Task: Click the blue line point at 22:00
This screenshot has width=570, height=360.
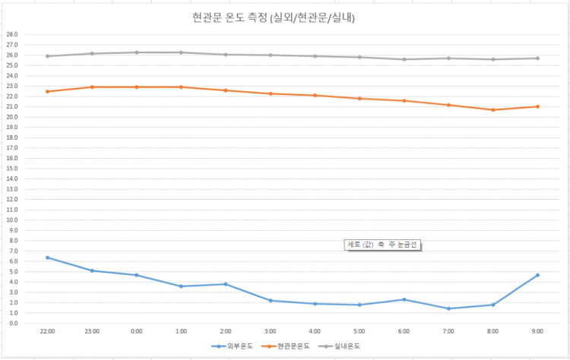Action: (47, 257)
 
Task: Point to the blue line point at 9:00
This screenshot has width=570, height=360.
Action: (537, 275)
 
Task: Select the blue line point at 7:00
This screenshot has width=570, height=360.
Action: (448, 308)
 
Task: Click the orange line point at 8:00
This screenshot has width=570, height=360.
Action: (492, 109)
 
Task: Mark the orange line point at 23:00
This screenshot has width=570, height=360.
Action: (92, 87)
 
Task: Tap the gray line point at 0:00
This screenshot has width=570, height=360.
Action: (137, 52)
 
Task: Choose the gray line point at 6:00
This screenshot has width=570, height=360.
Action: (404, 59)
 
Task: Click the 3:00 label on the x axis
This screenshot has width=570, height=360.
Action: (270, 331)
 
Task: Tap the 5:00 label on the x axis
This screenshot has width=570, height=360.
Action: (359, 331)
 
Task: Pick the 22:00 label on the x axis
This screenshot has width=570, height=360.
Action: (47, 331)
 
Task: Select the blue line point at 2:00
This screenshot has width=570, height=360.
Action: (226, 284)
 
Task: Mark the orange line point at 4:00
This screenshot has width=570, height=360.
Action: (315, 95)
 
